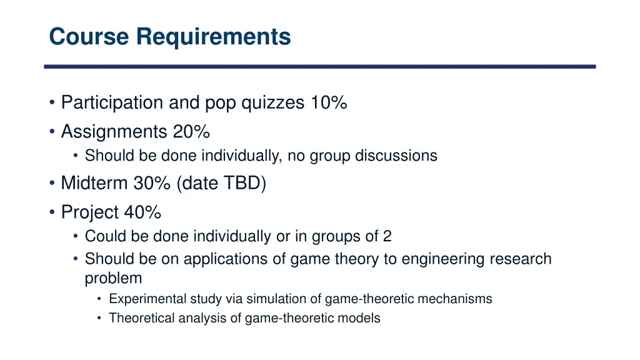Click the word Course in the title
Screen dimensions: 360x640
tap(90, 37)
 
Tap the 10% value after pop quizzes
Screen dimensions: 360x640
tap(329, 102)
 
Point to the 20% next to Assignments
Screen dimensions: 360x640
tap(191, 132)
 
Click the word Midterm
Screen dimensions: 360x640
tap(94, 184)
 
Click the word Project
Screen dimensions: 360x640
tap(90, 213)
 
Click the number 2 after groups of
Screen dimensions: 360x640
tap(387, 237)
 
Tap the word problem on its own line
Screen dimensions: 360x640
tap(113, 277)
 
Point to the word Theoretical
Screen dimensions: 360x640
tap(141, 318)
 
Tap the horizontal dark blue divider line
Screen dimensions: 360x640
tap(319, 66)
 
